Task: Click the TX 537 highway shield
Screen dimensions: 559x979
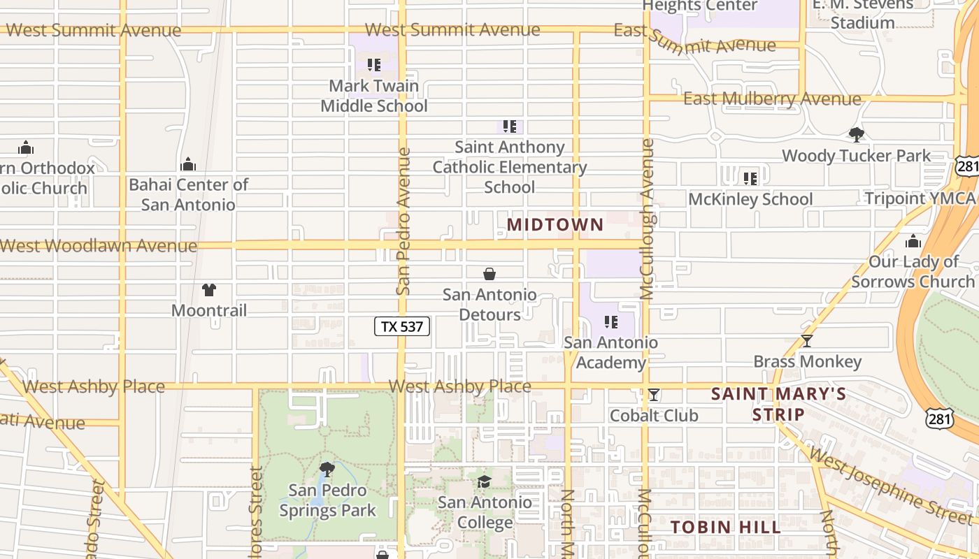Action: pos(402,326)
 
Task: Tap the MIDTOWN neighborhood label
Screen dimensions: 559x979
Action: pos(555,224)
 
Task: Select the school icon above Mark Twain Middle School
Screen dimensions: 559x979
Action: pos(374,65)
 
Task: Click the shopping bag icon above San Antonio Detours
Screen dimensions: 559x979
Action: pos(489,274)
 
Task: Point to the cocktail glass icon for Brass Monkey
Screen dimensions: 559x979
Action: pos(807,341)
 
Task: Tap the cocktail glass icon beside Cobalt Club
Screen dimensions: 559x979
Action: pos(653,395)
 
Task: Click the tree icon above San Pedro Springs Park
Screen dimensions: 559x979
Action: pos(327,469)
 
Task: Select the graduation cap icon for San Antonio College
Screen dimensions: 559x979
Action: pos(484,481)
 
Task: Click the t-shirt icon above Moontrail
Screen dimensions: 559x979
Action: pos(208,289)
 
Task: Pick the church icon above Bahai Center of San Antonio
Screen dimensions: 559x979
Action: pos(188,164)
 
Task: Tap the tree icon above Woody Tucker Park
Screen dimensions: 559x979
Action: pos(856,134)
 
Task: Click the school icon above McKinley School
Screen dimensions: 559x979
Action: pos(750,179)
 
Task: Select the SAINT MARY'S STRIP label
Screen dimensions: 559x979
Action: pos(778,404)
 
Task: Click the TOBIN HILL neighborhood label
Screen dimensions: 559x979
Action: pos(726,527)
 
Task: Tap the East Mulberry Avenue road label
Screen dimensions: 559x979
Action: pos(772,99)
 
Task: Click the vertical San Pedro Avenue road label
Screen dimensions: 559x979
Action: pos(403,220)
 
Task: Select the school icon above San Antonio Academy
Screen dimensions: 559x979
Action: pos(611,322)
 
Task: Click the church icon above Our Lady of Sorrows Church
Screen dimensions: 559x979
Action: pos(913,242)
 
